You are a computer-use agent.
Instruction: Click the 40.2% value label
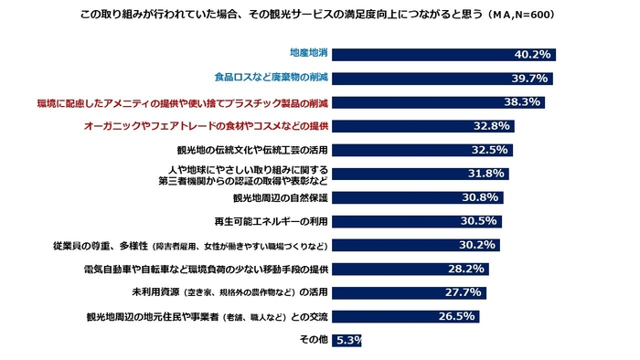[x=533, y=55]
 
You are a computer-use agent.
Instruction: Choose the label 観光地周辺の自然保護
[x=281, y=196]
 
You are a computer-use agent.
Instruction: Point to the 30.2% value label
[x=478, y=245]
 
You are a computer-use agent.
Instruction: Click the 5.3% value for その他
[x=348, y=340]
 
